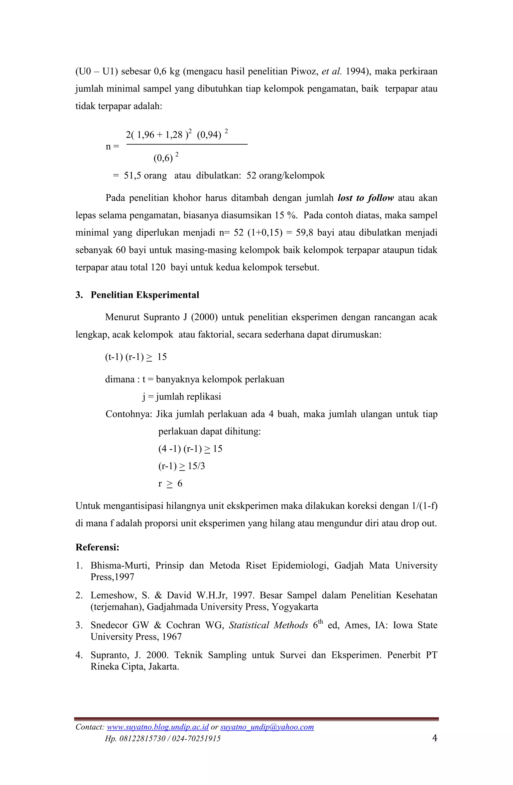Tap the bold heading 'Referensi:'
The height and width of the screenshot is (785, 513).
pos(97,548)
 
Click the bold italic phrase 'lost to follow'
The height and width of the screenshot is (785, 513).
pos(366,198)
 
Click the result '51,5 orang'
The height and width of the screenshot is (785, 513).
pos(145,175)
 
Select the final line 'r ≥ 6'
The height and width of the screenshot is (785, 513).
pos(170,483)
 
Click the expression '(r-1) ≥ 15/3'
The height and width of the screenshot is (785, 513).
pos(181,466)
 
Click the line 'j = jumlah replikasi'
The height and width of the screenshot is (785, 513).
pos(182,397)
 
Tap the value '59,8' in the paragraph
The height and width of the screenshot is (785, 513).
pos(304,233)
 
